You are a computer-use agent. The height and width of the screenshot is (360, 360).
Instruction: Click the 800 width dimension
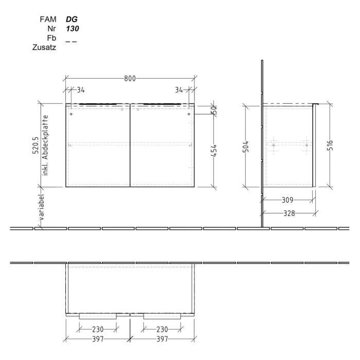point(130,79)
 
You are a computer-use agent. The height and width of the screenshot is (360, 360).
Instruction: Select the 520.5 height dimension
point(35,146)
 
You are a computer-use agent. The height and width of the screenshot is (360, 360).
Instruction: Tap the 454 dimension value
point(214,151)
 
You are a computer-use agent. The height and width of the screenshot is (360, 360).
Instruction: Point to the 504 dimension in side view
point(246,147)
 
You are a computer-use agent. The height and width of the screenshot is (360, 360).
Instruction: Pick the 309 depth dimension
point(287,201)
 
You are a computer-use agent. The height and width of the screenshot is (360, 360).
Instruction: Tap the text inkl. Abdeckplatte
point(45,146)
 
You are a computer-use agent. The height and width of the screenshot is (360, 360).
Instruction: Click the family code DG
point(71,19)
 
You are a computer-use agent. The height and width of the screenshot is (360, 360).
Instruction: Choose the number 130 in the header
point(73,29)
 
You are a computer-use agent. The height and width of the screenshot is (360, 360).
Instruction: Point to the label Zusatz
point(44,47)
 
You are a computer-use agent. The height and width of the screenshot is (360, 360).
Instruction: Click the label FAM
point(48,19)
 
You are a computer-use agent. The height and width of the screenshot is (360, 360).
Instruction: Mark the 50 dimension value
point(214,110)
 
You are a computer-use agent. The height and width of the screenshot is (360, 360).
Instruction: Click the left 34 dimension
point(81,90)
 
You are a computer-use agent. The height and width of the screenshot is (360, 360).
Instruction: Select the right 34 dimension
point(178,90)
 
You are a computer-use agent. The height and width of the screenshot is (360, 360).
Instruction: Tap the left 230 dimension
point(98,329)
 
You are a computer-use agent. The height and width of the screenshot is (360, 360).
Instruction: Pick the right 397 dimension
point(163,339)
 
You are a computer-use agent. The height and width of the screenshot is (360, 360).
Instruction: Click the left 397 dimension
point(98,339)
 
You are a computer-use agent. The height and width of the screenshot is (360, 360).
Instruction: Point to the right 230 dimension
point(163,329)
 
